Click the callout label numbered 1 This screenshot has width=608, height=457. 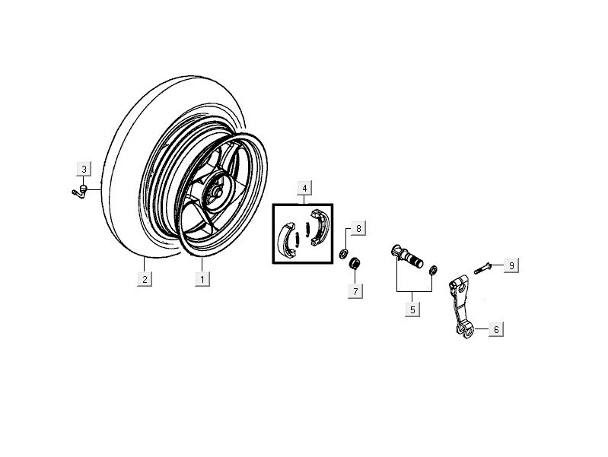pos(202,279)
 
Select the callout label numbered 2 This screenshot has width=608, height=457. pos(145,279)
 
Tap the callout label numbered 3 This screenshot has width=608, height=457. pos(84,169)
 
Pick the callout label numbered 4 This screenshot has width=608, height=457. pos(304,189)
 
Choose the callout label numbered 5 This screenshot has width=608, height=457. pos(412,309)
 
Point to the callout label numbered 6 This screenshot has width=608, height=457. pos(496,329)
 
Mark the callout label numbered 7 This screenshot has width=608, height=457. pos(355,290)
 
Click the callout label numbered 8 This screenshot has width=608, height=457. pos(358,229)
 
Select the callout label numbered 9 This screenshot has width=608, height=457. pos(511,265)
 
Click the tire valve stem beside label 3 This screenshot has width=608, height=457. pos(79,192)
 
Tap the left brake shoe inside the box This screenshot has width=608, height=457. pos(288,240)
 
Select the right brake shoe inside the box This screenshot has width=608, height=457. pos(320,227)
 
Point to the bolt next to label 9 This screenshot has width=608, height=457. pos(483,268)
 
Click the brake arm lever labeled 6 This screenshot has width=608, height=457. pos(462,306)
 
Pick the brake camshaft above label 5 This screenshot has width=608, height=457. pos(406,255)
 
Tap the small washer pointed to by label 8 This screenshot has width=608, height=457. pos(343,254)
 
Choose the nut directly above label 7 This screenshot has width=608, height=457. pos(355,264)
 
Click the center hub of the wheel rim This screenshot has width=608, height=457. pos(217,192)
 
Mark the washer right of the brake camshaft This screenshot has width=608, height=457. pos(434,269)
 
